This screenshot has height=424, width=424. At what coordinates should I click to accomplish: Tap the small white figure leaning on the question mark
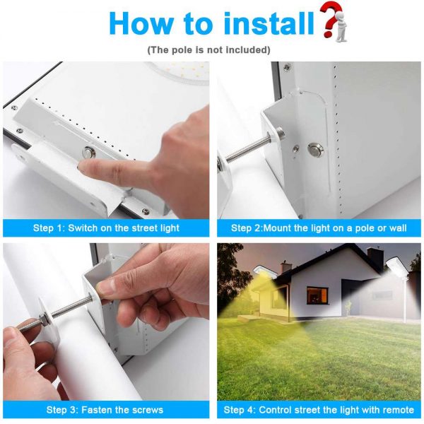coord(341,30)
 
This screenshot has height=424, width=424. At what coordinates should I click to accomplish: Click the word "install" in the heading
coord(269,23)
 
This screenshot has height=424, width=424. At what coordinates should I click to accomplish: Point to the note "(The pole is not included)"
coord(208,50)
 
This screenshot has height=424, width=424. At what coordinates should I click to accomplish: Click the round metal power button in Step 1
coord(90,152)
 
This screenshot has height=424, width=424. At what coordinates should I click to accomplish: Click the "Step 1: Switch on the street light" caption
coord(106,228)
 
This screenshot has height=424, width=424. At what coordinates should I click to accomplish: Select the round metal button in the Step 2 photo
coord(314,149)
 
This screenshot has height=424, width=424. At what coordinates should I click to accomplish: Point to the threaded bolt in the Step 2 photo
coord(249,148)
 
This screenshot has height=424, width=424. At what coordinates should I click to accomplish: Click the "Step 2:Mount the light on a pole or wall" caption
coord(319,228)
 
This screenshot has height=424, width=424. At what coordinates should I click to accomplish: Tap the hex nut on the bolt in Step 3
coord(44,318)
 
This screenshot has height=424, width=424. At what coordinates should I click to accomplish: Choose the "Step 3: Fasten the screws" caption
coord(105,410)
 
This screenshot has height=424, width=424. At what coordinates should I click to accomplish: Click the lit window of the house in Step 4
coord(317,295)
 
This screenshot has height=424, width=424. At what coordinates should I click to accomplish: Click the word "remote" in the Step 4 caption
coord(398,410)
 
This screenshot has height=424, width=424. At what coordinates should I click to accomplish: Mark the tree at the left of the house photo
coord(229,276)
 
